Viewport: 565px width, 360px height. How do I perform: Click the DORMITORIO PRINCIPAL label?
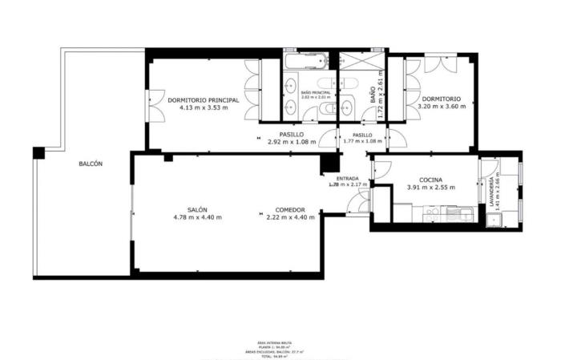[204, 99]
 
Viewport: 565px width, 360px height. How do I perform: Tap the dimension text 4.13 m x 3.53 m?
[204, 107]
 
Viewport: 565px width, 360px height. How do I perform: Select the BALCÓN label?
[90, 164]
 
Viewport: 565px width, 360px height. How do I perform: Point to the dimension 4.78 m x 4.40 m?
[198, 217]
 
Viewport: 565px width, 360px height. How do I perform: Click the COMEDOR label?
[285, 209]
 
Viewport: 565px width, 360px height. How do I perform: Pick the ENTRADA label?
[347, 178]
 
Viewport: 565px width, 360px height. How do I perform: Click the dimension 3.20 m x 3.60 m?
[439, 107]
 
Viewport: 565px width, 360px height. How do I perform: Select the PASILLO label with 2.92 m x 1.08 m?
[291, 135]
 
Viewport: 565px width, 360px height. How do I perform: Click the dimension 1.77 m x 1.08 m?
[362, 142]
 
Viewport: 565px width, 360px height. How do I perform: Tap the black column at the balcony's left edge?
[38, 152]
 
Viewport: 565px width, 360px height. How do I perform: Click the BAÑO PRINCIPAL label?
[315, 92]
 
